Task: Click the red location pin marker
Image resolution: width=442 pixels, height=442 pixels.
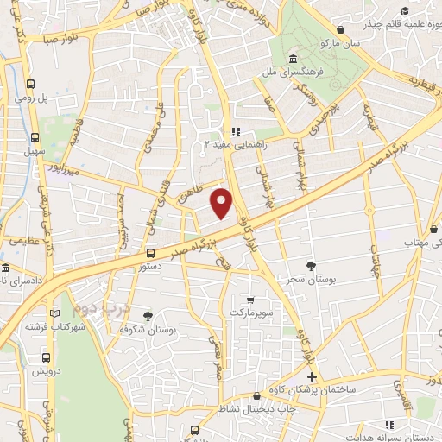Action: click(x=223, y=203)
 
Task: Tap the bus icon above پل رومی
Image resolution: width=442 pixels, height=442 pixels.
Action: click(x=32, y=85)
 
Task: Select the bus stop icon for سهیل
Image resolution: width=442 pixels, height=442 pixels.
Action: click(x=35, y=136)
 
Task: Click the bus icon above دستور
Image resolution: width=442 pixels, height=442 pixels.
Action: click(x=151, y=253)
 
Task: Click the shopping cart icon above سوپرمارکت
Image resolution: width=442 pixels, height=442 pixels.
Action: click(x=250, y=299)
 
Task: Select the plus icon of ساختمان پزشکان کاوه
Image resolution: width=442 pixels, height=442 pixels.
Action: click(x=312, y=377)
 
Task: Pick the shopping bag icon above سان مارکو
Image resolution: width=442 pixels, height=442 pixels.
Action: click(x=342, y=28)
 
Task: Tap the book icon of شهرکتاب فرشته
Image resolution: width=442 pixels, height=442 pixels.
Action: click(x=56, y=313)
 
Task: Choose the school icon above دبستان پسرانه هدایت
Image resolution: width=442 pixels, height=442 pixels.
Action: click(x=391, y=424)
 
